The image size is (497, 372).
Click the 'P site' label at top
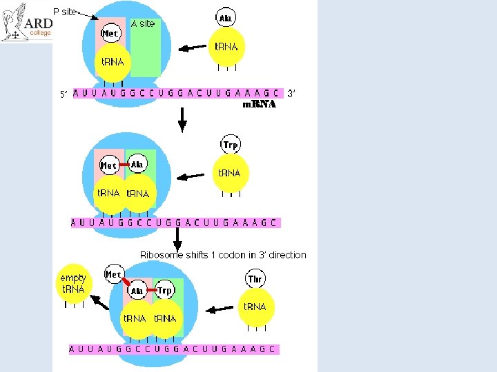(65, 11)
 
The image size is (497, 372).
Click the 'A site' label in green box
(143, 23)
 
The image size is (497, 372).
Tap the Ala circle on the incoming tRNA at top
(226, 17)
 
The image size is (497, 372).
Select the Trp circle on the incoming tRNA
(231, 145)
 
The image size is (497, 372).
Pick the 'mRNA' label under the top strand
(259, 105)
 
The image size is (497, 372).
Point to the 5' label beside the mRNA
(64, 94)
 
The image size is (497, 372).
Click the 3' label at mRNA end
(291, 93)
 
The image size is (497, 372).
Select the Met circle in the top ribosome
(110, 32)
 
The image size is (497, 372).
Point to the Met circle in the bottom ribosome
(113, 274)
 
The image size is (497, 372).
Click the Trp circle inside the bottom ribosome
(164, 291)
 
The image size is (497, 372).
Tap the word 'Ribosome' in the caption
(161, 255)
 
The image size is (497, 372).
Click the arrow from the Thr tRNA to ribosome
(220, 309)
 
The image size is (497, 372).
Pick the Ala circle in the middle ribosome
(137, 165)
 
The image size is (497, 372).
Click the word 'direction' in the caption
(287, 255)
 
